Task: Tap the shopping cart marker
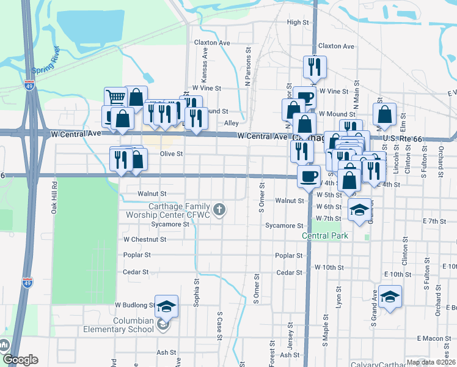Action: coord(115,97)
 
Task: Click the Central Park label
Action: coord(324,235)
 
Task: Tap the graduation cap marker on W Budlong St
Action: coord(166,306)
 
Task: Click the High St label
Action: coord(298,23)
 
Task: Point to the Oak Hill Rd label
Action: coord(54,198)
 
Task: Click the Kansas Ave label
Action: coord(206,62)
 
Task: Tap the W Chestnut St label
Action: coord(145,240)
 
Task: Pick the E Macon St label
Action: coord(434,338)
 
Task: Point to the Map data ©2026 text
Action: coord(431,362)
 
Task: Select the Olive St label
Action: coord(171,154)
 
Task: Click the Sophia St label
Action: coord(197,293)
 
